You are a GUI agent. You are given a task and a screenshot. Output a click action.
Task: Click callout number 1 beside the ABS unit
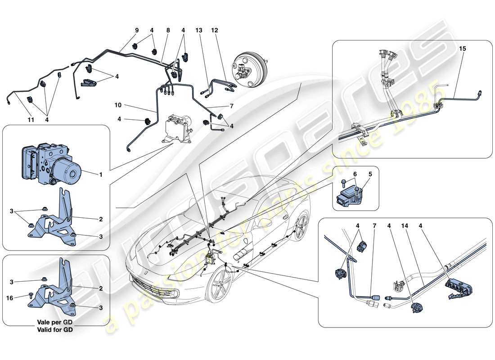pyautogui.click(x=101, y=174)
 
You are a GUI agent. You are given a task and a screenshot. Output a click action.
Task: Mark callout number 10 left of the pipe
pyautogui.click(x=118, y=105)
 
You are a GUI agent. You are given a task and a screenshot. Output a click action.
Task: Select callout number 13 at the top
pyautogui.click(x=199, y=31)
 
